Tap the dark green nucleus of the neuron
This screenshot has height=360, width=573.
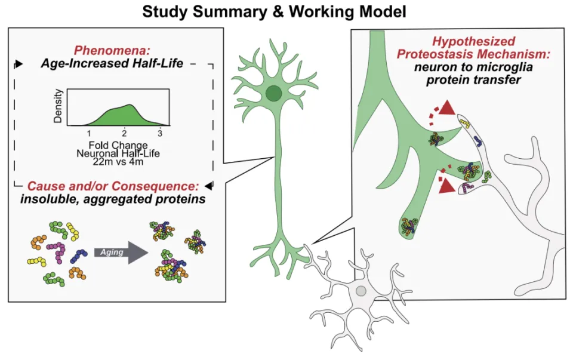[274, 93]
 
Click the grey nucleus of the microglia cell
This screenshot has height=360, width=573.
[361, 291]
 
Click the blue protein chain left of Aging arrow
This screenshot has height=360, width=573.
[79, 256]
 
